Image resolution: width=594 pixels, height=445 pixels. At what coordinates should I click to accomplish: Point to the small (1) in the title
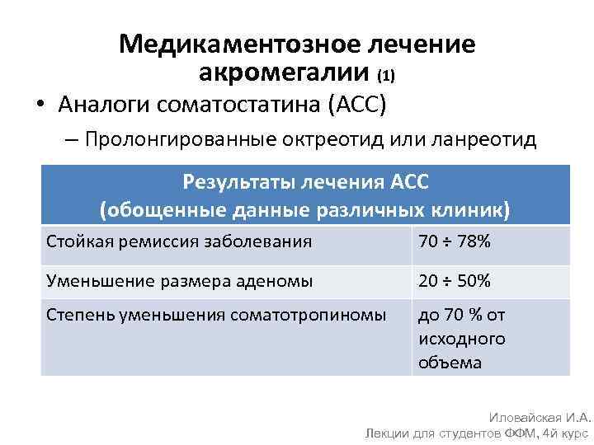386,77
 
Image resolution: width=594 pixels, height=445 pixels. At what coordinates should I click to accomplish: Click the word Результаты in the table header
232,181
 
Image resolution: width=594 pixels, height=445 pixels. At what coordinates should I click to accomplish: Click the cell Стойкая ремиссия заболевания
179,242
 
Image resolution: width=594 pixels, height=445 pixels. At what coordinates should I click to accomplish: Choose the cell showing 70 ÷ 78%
455,242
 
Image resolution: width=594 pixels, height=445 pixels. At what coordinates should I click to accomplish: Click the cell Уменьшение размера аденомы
179,280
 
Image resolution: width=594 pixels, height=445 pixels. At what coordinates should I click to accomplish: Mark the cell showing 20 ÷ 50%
455,280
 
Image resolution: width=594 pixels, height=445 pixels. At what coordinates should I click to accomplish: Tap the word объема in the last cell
450,362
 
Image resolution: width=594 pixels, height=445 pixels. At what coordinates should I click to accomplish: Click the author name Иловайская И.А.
540,419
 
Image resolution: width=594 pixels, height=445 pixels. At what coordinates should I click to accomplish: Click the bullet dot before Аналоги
40,105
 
